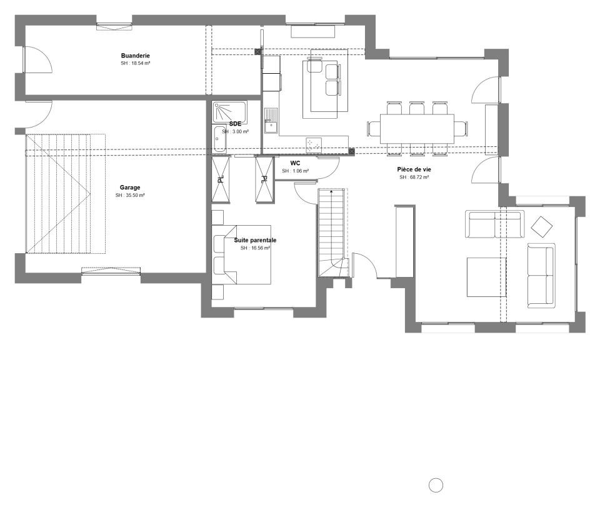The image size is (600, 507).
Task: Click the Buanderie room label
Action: [x=135, y=56]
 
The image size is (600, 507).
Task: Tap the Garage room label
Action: [x=130, y=188]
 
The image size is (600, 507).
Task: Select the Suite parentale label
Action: [x=255, y=240]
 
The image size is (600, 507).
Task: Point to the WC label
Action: [x=295, y=163]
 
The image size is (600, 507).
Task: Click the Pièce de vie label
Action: [x=414, y=169]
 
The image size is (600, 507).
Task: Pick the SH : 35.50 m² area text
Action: [x=130, y=195]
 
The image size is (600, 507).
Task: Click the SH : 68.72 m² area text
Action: [x=414, y=177]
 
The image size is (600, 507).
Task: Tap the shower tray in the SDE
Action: [x=229, y=112]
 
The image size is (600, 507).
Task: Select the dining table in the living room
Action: [x=417, y=129]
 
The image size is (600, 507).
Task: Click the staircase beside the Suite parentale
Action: [x=333, y=233]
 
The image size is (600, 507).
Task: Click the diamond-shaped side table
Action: [x=541, y=228]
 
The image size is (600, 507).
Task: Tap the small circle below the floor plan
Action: [x=436, y=485]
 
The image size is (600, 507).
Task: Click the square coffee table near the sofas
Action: [x=486, y=277]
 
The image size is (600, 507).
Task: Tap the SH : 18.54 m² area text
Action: [x=136, y=63]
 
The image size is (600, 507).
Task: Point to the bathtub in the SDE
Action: [x=219, y=139]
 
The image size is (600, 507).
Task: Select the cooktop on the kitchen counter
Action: [x=314, y=144]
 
